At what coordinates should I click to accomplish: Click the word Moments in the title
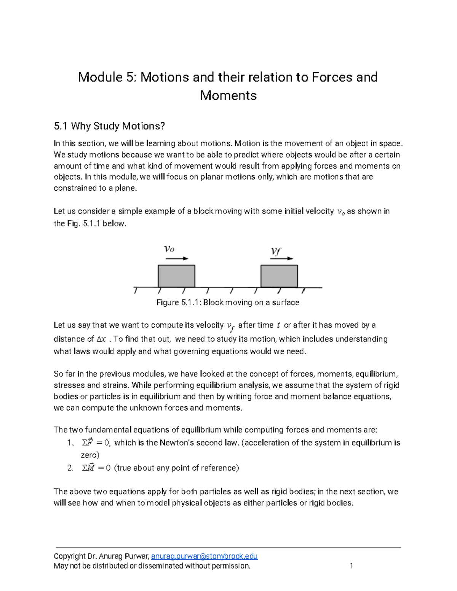pyautogui.click(x=228, y=95)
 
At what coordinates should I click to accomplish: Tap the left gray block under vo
pyautogui.click(x=176, y=276)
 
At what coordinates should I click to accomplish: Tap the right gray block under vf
pyautogui.click(x=279, y=276)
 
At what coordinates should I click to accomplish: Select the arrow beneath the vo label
pyautogui.click(x=177, y=258)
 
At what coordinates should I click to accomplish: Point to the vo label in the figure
pyautogui.click(x=169, y=249)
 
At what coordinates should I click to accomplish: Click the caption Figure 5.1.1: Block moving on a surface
pyautogui.click(x=228, y=303)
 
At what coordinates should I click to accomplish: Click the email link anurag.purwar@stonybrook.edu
pyautogui.click(x=205, y=556)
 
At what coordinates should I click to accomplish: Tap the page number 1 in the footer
pyautogui.click(x=351, y=566)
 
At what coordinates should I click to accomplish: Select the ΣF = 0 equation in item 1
pyautogui.click(x=96, y=443)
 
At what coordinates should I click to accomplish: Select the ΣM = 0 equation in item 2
pyautogui.click(x=96, y=468)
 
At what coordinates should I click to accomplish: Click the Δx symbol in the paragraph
pyautogui.click(x=101, y=339)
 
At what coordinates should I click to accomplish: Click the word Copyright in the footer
pyautogui.click(x=70, y=556)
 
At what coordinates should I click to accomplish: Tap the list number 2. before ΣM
pyautogui.click(x=70, y=468)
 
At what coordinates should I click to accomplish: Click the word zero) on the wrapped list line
pyautogui.click(x=90, y=455)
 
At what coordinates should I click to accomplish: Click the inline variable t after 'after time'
pyautogui.click(x=278, y=325)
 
